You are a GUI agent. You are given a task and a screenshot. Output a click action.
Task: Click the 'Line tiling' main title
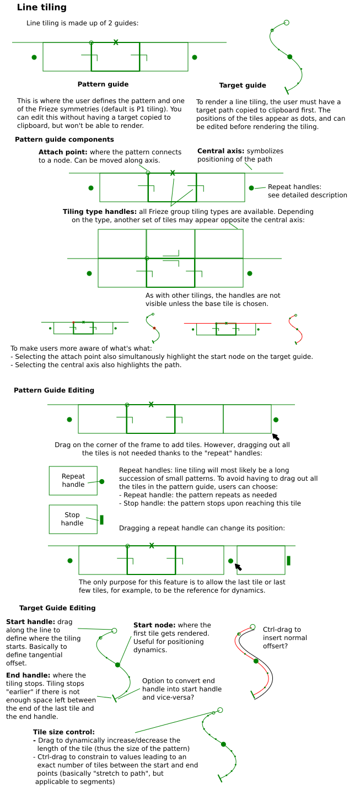click(x=41, y=8)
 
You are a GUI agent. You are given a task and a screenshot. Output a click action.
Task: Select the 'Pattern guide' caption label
click(x=103, y=84)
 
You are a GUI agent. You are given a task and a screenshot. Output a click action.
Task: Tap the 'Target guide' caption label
click(x=243, y=85)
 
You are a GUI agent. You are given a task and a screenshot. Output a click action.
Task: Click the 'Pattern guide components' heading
click(x=65, y=139)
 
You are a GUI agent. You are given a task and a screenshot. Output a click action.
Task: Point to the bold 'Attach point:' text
click(x=63, y=152)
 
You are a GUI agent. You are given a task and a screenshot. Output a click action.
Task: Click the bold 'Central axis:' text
click(x=221, y=151)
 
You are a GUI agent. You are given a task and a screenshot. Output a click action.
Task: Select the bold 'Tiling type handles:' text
click(x=100, y=212)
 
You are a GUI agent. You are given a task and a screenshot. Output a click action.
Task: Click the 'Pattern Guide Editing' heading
click(x=54, y=390)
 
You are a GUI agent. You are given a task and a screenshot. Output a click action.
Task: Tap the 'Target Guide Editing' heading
click(x=57, y=608)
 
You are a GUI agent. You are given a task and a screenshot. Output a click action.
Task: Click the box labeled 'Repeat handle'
click(x=73, y=480)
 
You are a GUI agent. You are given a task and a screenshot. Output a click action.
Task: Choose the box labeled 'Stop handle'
click(x=73, y=519)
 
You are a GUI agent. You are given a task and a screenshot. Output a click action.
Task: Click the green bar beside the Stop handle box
click(x=102, y=519)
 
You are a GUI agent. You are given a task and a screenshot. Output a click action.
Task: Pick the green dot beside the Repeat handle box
click(x=102, y=481)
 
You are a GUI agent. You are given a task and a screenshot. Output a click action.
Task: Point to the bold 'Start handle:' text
click(x=26, y=622)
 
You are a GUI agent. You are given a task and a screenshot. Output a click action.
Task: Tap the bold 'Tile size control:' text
click(x=63, y=732)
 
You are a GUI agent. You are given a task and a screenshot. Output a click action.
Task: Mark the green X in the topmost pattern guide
click(x=115, y=42)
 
